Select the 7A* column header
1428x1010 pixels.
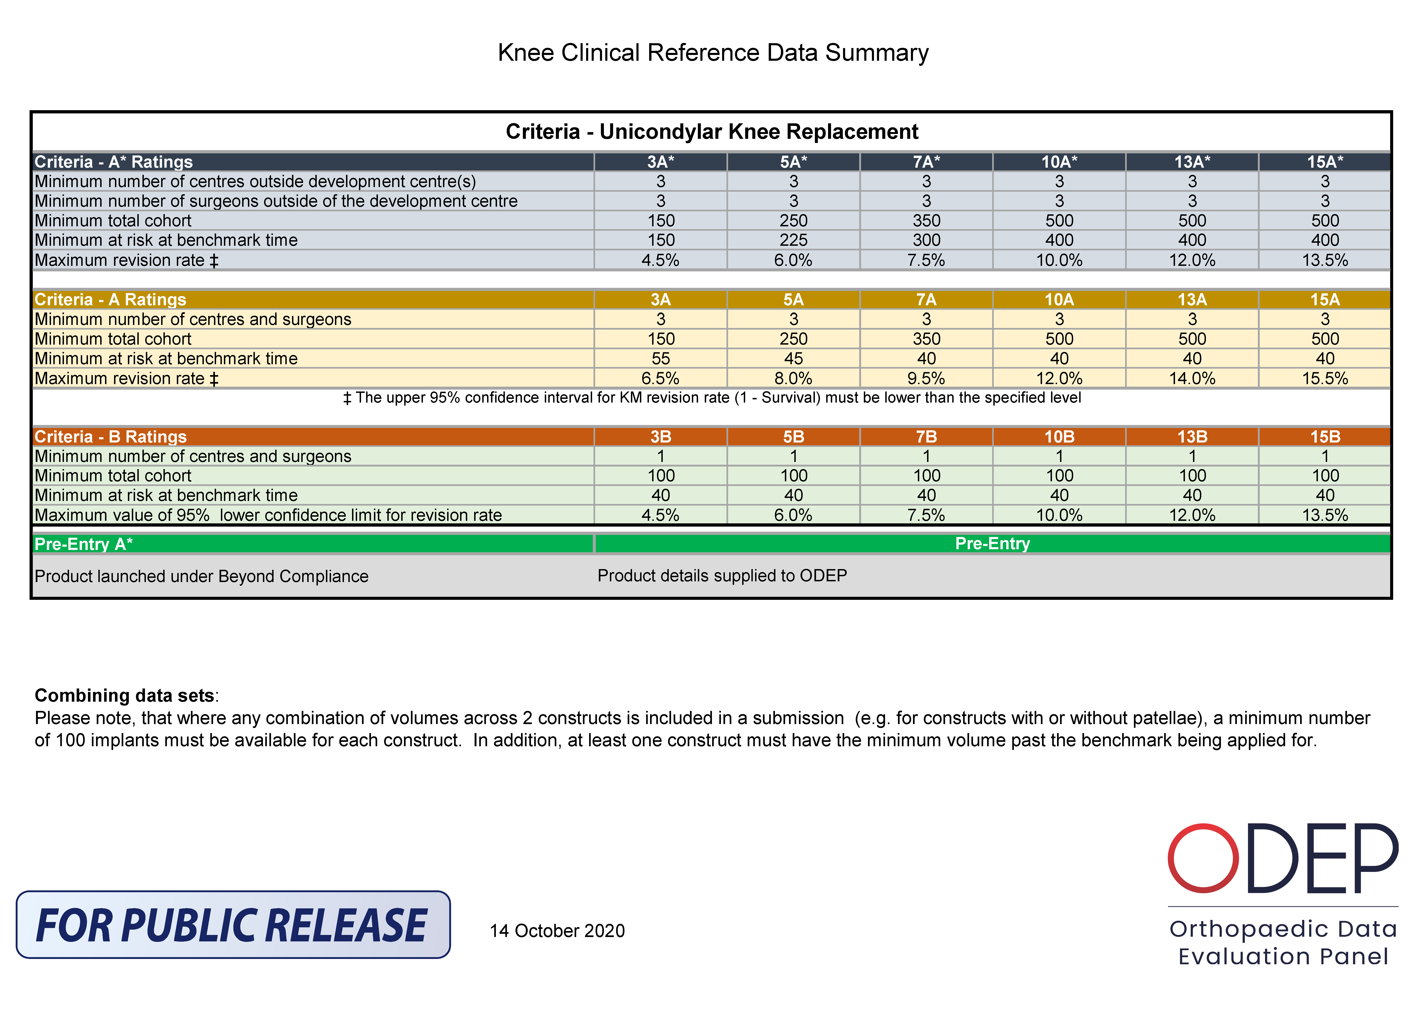coord(926,162)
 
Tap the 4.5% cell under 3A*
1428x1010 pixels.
coord(660,260)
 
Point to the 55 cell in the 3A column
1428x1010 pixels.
coord(660,358)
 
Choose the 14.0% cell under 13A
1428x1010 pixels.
coord(1192,378)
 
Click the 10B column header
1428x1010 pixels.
coord(1059,437)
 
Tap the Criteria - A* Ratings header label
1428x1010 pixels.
coord(114,162)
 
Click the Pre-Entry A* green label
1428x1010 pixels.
coord(84,544)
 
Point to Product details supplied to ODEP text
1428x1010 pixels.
coord(722,576)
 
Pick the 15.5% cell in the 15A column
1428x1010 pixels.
coord(1325,378)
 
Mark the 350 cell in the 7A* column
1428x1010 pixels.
coord(926,221)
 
